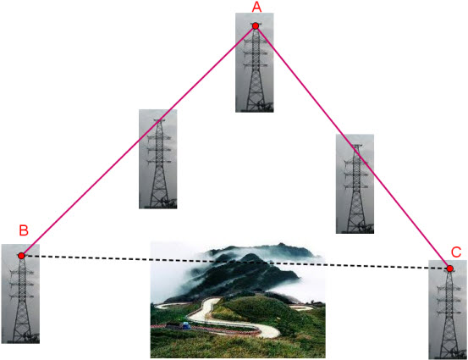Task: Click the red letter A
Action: click(256, 7)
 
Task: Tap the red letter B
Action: click(24, 230)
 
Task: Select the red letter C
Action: click(456, 252)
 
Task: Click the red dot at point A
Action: click(256, 26)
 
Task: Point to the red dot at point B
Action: click(21, 256)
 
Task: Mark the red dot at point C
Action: click(449, 269)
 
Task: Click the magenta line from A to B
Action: click(138, 141)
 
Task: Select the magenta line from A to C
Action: click(353, 147)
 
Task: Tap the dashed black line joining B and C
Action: click(235, 263)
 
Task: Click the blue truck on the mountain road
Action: click(185, 325)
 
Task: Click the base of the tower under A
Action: click(256, 109)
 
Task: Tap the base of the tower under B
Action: click(22, 341)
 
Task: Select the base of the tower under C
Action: click(449, 356)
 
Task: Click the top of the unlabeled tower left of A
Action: click(159, 120)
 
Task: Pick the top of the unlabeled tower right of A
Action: click(356, 146)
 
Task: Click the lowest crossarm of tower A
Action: click(256, 65)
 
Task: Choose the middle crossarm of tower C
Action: click(449, 300)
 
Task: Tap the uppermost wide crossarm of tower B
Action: click(21, 272)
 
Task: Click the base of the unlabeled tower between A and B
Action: click(159, 206)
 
